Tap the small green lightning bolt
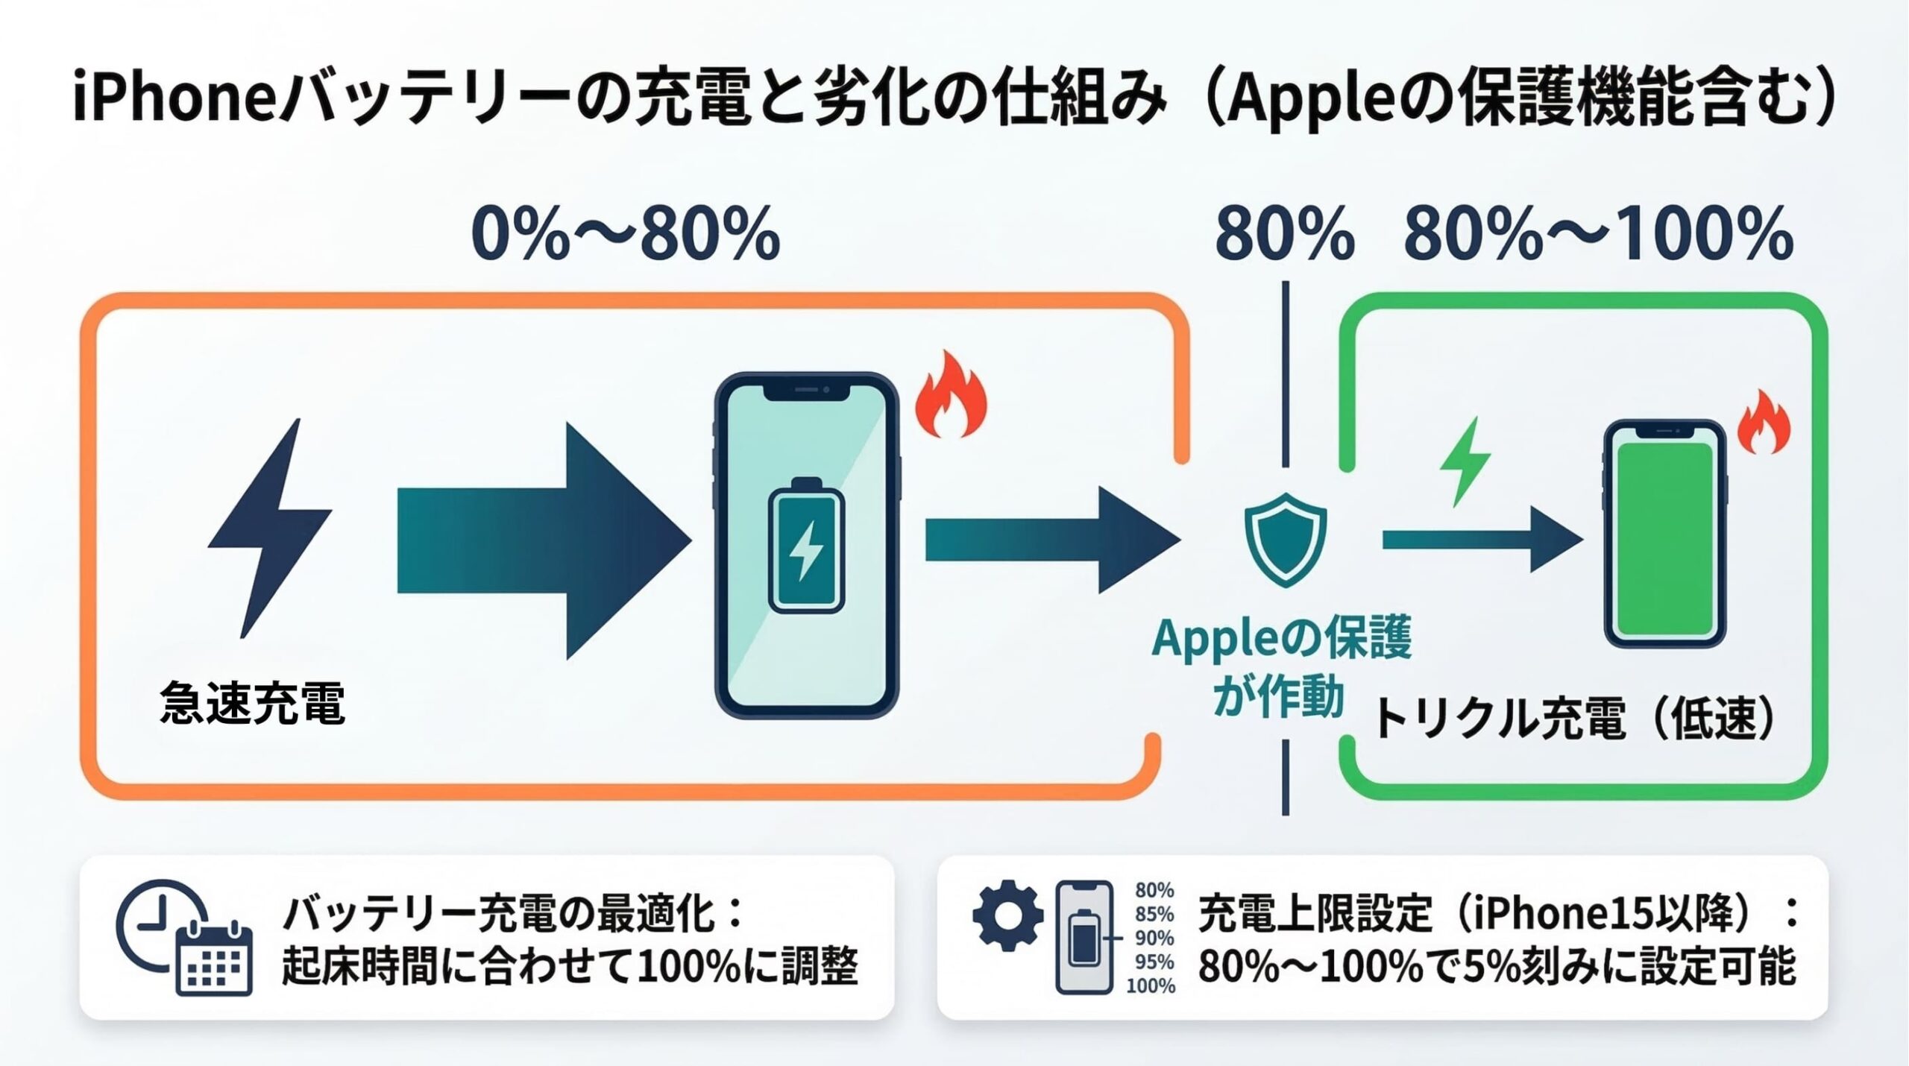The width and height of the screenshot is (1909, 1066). pyautogui.click(x=1465, y=462)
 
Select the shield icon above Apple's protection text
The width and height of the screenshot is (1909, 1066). pyautogui.click(x=1286, y=538)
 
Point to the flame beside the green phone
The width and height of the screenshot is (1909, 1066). pyautogui.click(x=1764, y=423)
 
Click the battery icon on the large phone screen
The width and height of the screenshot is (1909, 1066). pyautogui.click(x=806, y=546)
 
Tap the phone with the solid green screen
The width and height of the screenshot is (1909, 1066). pyautogui.click(x=1664, y=534)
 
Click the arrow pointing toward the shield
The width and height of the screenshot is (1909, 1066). pyautogui.click(x=1051, y=540)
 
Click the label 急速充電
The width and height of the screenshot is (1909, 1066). pyautogui.click(x=252, y=704)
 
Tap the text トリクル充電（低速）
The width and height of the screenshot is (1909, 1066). pyautogui.click(x=1573, y=720)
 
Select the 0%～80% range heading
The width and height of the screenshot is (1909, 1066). pyautogui.click(x=626, y=234)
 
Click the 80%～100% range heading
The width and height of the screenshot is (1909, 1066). pyautogui.click(x=1599, y=234)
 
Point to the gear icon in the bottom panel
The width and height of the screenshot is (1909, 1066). pyautogui.click(x=1008, y=915)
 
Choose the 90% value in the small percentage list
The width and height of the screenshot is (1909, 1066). pyautogui.click(x=1154, y=938)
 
